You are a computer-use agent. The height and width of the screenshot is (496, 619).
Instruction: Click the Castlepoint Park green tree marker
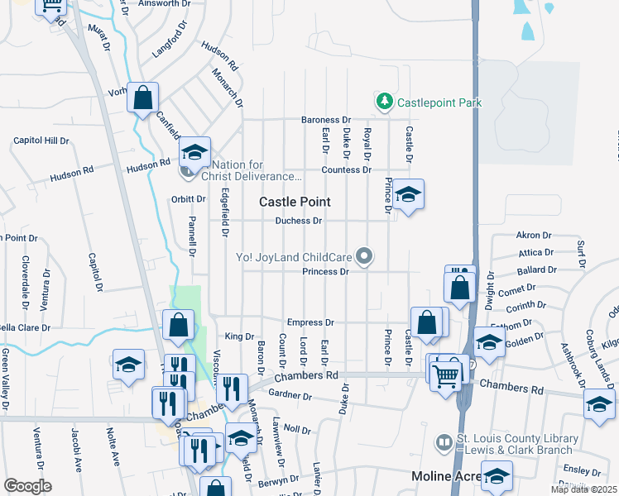[384, 103]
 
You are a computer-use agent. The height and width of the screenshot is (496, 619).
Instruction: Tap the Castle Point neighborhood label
[295, 202]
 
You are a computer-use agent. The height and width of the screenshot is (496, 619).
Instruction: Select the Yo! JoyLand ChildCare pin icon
[362, 255]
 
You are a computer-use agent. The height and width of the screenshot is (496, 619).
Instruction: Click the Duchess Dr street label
[299, 221]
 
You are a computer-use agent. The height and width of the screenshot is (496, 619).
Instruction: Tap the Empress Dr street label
[309, 322]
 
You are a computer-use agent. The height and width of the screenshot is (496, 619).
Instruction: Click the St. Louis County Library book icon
[444, 444]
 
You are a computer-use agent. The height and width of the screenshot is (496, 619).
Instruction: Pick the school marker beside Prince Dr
[408, 195]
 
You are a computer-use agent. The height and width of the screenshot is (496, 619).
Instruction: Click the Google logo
[27, 486]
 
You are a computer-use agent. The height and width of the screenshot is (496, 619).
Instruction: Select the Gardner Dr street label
[290, 396]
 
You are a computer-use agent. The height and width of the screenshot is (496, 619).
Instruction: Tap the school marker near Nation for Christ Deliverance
[194, 153]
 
